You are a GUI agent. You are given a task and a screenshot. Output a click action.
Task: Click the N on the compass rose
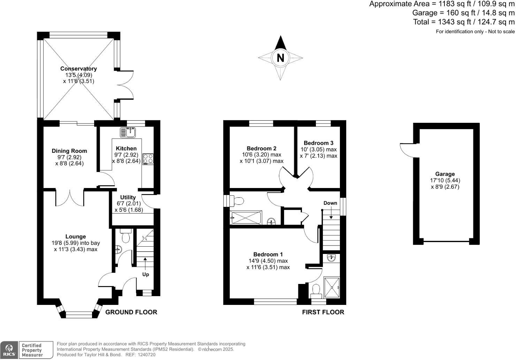click(x=280, y=58)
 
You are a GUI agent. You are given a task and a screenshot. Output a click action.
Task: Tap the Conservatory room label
click(x=78, y=69)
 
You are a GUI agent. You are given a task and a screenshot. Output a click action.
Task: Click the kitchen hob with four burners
click(x=148, y=159)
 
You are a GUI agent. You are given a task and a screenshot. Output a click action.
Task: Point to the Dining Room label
click(x=69, y=151)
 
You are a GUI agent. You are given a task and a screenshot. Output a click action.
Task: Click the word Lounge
click(x=76, y=237)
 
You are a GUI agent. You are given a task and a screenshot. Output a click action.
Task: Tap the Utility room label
click(x=128, y=197)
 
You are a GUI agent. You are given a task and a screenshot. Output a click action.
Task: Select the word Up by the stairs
click(x=145, y=275)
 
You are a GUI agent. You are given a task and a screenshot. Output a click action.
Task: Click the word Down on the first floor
click(x=330, y=203)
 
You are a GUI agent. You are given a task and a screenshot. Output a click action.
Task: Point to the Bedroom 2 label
click(x=261, y=148)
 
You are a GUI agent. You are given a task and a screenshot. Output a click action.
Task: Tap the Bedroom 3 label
click(x=318, y=143)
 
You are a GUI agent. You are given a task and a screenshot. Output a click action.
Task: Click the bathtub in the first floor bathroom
click(x=246, y=218)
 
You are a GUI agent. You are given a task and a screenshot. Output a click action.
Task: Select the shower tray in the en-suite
click(x=331, y=287)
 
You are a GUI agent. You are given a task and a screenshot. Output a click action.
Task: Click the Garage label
click(x=445, y=174)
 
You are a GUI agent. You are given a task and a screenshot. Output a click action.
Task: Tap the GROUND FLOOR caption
click(x=131, y=312)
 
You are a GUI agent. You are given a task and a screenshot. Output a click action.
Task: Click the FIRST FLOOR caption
click(x=323, y=312)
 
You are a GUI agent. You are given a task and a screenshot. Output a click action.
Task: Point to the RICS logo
click(x=9, y=350)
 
